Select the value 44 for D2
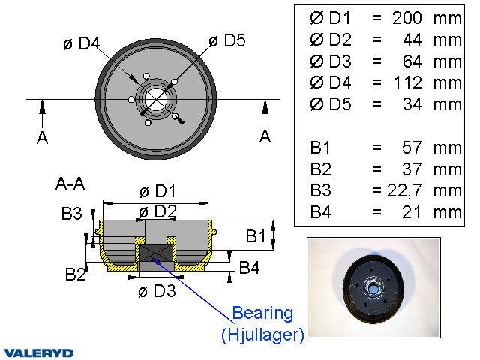[412, 39]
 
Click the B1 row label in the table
[320, 147]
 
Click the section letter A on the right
[265, 136]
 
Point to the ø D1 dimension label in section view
[157, 192]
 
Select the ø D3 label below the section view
[157, 291]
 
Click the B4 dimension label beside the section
[249, 267]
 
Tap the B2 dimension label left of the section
[75, 274]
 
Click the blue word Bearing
[262, 313]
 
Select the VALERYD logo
[38, 352]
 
